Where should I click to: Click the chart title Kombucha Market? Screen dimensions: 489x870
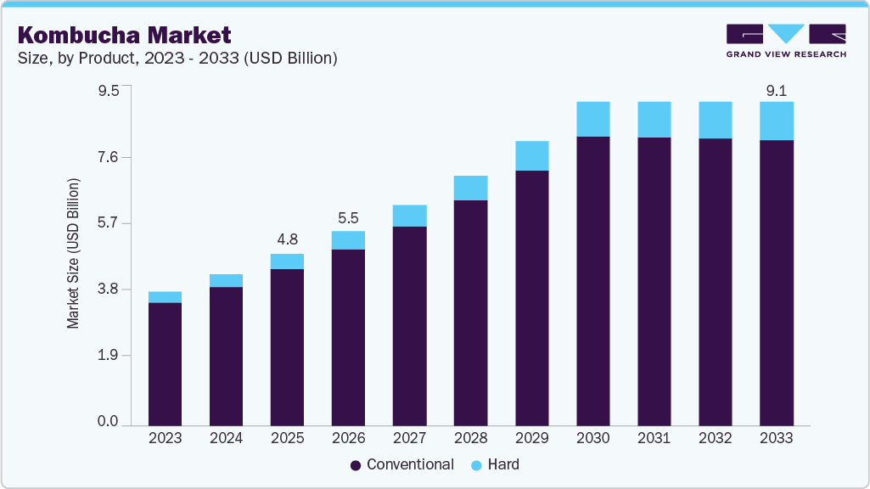pos(124,36)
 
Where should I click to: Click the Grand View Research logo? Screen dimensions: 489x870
pos(785,41)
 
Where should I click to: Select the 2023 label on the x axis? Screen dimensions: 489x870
pos(165,438)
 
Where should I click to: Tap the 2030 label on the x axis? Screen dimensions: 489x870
pos(592,438)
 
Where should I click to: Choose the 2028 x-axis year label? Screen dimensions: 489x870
pos(470,438)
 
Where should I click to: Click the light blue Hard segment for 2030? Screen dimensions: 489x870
pos(592,119)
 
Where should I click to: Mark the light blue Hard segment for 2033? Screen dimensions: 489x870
pos(776,121)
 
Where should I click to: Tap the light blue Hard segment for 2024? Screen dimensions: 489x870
pos(226,281)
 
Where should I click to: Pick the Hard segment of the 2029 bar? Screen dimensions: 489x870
pos(531,156)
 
